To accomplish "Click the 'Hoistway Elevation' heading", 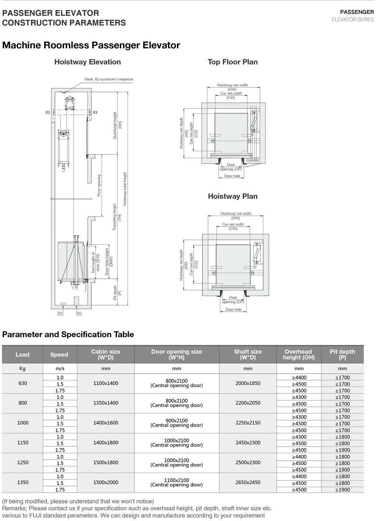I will click(x=87, y=62).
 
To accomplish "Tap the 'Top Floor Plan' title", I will click(x=232, y=62).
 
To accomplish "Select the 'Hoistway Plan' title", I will click(x=232, y=196).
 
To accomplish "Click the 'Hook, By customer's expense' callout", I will click(x=109, y=79).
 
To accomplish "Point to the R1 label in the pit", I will click(x=60, y=313).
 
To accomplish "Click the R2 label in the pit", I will click(x=79, y=313).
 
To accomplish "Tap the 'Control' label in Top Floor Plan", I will click(x=252, y=160).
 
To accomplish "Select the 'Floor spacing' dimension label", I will click(x=99, y=185).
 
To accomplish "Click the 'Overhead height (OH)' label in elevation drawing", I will click(x=117, y=125).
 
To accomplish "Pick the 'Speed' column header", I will click(x=59, y=354).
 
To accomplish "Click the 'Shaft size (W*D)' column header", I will click(x=248, y=354).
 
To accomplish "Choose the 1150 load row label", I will click(x=23, y=442).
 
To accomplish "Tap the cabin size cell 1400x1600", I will click(x=106, y=423).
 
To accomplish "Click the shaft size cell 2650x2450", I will click(x=248, y=482).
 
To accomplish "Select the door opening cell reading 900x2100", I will click(x=176, y=421).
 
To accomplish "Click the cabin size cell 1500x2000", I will click(x=106, y=482).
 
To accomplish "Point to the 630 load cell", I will click(x=23, y=383).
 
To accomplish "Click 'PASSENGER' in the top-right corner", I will click(x=357, y=12).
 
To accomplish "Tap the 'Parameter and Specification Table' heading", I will click(x=68, y=334).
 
